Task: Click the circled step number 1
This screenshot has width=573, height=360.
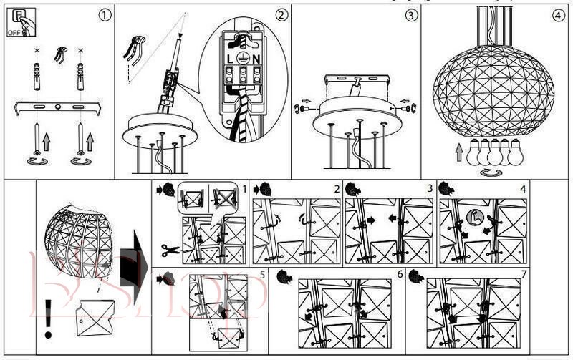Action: [105, 14]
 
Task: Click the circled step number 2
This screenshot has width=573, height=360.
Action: [282, 14]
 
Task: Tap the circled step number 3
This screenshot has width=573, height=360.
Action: [410, 14]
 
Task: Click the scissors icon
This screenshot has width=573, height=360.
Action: [170, 250]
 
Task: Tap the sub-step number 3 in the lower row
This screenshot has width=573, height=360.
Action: [430, 188]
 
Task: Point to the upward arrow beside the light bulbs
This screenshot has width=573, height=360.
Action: [459, 152]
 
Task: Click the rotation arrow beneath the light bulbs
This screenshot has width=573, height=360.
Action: [491, 172]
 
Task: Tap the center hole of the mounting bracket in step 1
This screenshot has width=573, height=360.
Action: [58, 108]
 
